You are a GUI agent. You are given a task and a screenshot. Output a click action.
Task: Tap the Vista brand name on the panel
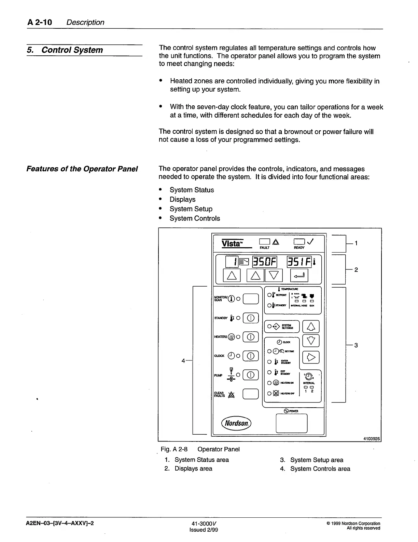tap(232, 243)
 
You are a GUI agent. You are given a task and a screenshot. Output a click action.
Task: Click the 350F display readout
tap(265, 262)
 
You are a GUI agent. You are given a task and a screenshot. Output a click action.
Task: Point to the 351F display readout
tap(299, 262)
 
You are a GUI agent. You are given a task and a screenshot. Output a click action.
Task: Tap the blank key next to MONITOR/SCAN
tap(250, 299)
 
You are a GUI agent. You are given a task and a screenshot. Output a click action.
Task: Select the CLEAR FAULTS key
tap(250, 394)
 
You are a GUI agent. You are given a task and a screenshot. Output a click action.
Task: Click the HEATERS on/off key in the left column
tap(250, 337)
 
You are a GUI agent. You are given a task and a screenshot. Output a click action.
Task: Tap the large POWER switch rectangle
tap(291, 423)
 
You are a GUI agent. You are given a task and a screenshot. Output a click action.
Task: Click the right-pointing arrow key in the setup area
tap(311, 358)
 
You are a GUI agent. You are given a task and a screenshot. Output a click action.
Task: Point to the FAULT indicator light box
tap(265, 242)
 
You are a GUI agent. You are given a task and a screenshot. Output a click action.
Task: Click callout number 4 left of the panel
tap(183, 360)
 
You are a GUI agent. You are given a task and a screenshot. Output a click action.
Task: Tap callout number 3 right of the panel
tap(356, 345)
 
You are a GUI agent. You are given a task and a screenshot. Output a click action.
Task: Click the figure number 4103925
tap(372, 438)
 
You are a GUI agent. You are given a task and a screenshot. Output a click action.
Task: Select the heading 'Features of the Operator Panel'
tap(82, 169)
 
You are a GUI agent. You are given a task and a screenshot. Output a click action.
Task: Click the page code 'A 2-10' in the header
tap(40, 23)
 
